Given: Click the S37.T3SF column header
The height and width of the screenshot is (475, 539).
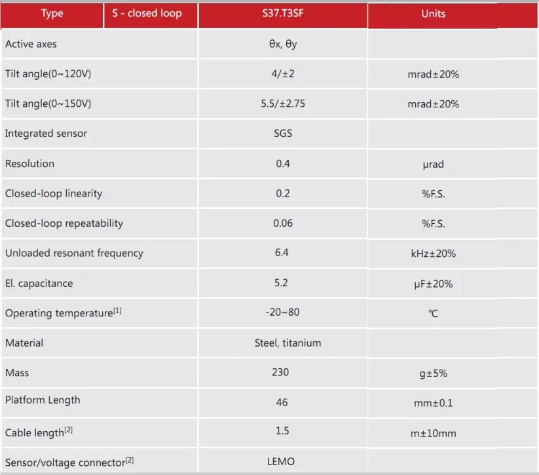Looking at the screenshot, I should (x=282, y=14).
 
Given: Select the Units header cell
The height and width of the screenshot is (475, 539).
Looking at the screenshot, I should (x=433, y=14).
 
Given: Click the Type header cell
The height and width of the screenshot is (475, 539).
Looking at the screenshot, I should (x=52, y=14).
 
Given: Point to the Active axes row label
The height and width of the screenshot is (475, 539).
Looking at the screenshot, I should (x=31, y=44).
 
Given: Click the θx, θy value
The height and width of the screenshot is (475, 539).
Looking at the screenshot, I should (x=282, y=44).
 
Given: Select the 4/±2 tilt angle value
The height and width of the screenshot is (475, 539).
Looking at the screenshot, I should (x=282, y=74).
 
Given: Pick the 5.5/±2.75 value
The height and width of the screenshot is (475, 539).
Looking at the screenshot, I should (x=282, y=104).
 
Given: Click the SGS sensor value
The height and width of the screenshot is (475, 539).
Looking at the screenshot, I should (x=282, y=134).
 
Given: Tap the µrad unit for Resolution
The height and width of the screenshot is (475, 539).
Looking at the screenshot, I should (x=433, y=164).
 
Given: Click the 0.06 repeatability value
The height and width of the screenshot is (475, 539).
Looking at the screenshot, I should (x=282, y=223).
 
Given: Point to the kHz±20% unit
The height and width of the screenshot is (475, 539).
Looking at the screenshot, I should (x=433, y=254).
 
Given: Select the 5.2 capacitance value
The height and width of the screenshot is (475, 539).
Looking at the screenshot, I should (x=282, y=283).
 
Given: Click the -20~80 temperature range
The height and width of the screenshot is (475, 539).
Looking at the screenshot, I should (x=282, y=312).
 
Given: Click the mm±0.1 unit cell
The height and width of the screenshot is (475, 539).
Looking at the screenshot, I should (x=433, y=403).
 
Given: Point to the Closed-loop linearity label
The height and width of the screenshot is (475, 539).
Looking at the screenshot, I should (x=54, y=194).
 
